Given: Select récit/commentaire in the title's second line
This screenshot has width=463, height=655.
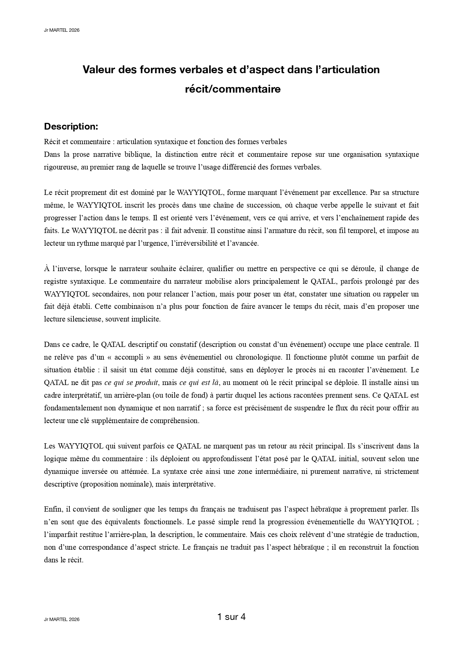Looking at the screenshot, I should click(x=233, y=90).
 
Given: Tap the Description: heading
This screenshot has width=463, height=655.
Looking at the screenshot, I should click(x=71, y=127).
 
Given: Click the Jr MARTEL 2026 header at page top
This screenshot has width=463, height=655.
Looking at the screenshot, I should click(x=62, y=30).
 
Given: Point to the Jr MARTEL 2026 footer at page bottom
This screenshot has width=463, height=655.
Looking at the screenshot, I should click(x=62, y=620).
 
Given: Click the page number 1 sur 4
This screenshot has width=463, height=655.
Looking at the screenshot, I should click(x=231, y=617).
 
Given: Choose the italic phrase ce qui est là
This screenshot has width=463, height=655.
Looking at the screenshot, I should click(x=199, y=382).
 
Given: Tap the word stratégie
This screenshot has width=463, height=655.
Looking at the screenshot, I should click(x=357, y=535).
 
